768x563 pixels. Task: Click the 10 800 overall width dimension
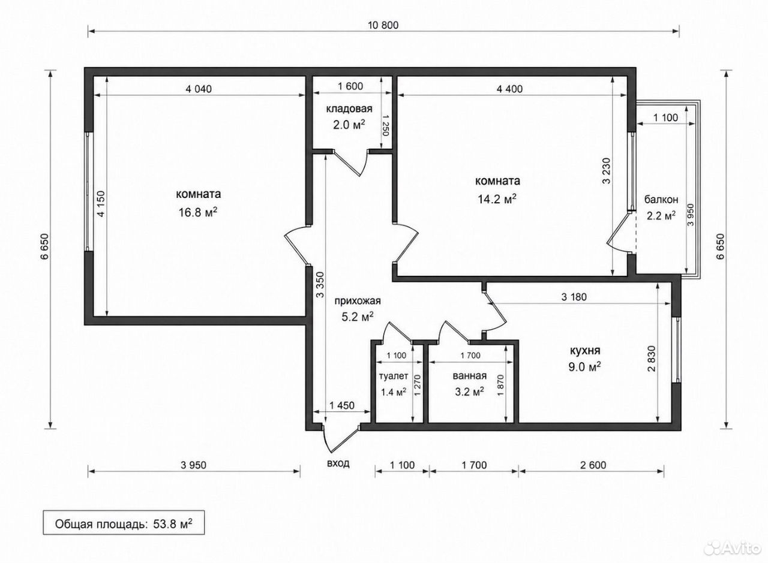383,25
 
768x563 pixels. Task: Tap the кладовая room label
349,109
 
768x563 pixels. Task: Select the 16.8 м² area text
198,212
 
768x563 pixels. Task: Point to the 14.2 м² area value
497,199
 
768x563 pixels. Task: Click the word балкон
661,199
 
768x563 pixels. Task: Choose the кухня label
585,351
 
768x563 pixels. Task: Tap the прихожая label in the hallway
358,301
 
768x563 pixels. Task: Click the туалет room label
393,377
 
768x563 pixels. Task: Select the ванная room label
469,376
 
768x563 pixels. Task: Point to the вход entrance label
338,463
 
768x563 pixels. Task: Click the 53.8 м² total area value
172,524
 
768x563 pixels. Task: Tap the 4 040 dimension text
199,89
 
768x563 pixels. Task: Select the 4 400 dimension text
509,89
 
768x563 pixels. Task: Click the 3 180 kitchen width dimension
574,297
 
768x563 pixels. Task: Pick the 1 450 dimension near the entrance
342,405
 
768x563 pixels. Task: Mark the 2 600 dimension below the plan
593,465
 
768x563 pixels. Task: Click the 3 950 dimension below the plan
193,465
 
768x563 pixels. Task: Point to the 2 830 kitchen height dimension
652,359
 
